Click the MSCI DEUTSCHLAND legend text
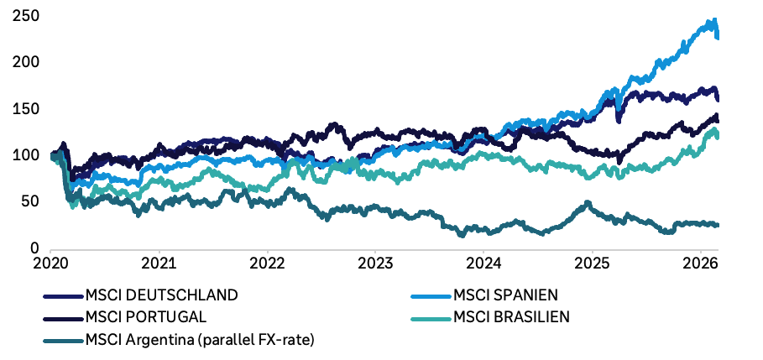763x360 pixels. (161, 295)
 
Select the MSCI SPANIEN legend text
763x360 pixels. (506, 295)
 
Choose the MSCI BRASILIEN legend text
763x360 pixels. (511, 317)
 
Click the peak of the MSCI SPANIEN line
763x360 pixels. (714, 20)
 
